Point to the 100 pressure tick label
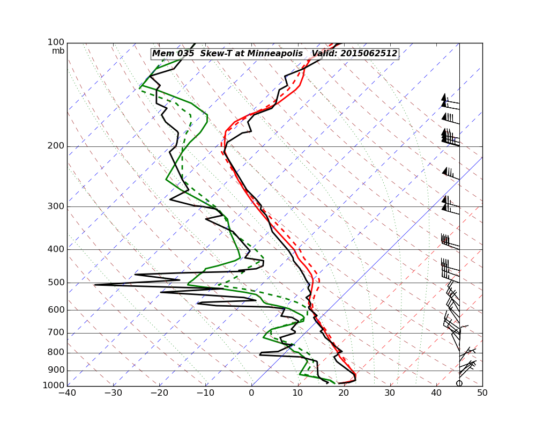57,42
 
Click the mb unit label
58,51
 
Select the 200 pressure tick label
57,146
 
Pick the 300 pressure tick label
57,206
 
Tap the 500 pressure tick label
57,283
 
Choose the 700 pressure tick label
57,333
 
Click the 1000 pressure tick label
55,386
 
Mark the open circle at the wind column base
459,383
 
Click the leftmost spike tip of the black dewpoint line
95,285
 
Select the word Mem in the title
162,54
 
